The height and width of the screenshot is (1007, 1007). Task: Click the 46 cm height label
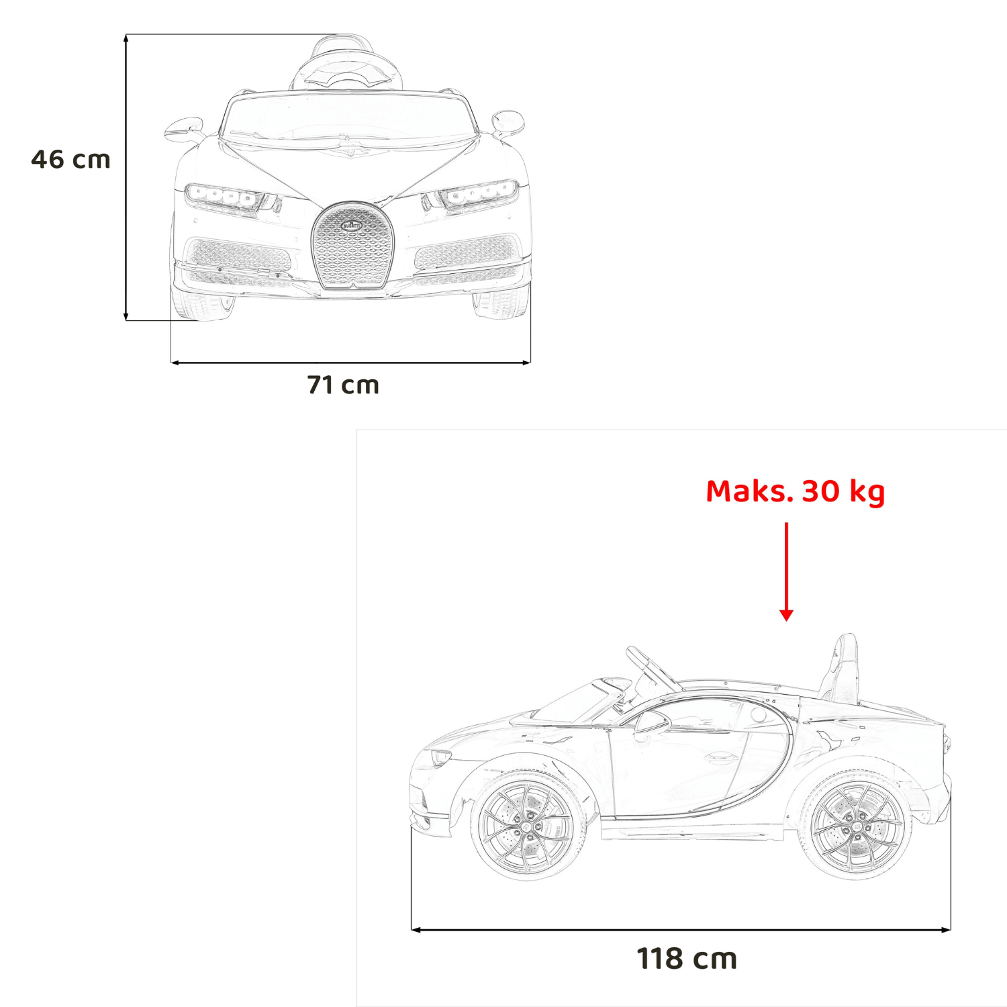pyautogui.click(x=70, y=159)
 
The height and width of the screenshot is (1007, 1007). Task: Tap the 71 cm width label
pyautogui.click(x=343, y=385)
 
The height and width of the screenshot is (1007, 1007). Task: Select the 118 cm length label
pyautogui.click(x=687, y=959)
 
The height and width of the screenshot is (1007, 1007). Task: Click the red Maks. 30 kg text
pyautogui.click(x=796, y=491)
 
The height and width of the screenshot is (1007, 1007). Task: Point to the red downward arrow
pyautogui.click(x=786, y=571)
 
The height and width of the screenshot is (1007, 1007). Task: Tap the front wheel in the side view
pyautogui.click(x=528, y=825)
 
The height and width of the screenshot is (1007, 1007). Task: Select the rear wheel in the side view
pyautogui.click(x=857, y=825)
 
